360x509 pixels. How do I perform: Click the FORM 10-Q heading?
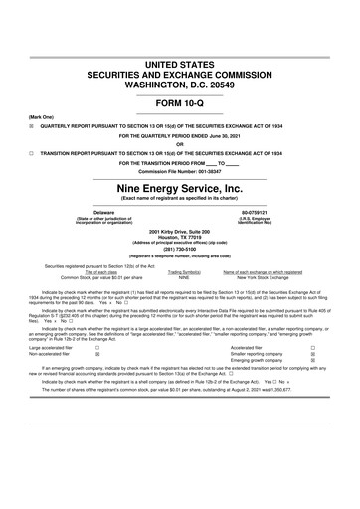tap(180, 103)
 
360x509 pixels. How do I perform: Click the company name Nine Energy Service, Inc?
tap(180, 188)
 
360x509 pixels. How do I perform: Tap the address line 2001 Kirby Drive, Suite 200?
tap(180, 232)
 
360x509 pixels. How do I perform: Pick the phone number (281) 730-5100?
tap(180, 251)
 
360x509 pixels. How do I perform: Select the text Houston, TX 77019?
tap(180, 238)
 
